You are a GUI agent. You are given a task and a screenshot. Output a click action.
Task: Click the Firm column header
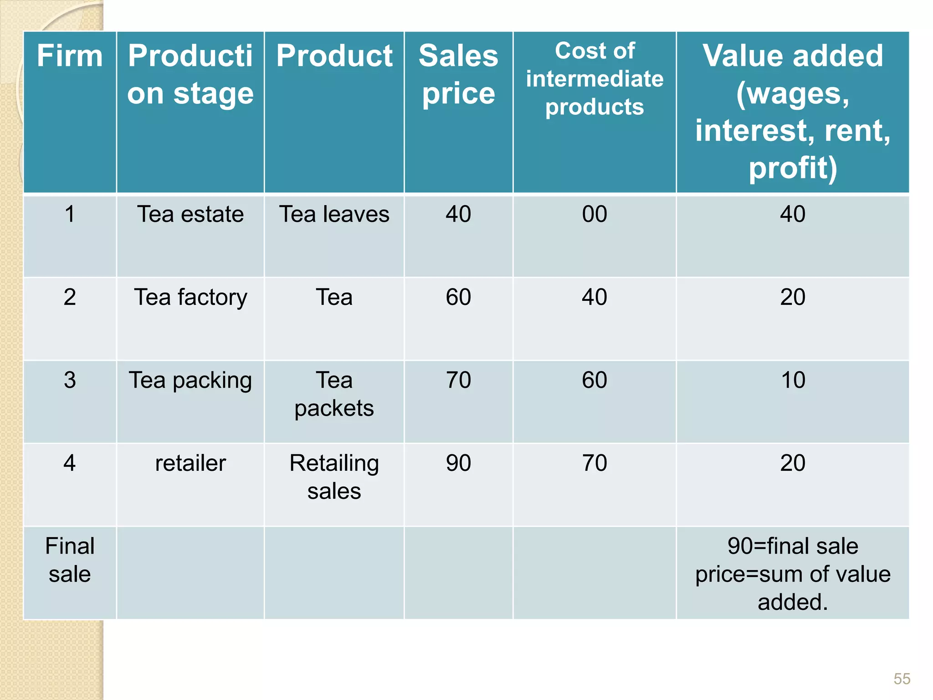pos(70,56)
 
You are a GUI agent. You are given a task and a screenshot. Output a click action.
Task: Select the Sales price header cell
pos(458,74)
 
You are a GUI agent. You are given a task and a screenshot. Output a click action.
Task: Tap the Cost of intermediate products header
pos(595,79)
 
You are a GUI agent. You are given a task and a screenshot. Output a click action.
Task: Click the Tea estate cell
pos(190,214)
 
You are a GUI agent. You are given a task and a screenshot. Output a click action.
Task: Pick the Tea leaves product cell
pos(334,214)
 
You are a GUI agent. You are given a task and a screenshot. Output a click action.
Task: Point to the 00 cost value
pos(595,214)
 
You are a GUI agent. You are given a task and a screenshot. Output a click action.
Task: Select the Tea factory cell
pos(190,297)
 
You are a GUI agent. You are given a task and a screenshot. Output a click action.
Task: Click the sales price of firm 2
pos(458,297)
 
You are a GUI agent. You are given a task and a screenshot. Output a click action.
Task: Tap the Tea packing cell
pos(190,380)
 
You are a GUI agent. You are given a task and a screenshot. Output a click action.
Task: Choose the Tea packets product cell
pos(334,394)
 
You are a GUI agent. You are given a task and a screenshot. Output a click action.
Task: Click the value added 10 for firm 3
pos(793,380)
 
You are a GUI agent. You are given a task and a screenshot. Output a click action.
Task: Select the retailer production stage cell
pos(190,463)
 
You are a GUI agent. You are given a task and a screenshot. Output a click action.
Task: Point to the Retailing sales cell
pos(334,477)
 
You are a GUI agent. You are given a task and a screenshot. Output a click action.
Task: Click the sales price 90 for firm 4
pos(458,463)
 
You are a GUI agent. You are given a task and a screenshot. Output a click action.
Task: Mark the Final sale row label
pos(70,560)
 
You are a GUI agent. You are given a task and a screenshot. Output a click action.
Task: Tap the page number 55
pos(902,679)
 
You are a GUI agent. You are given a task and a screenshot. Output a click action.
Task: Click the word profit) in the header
pos(793,168)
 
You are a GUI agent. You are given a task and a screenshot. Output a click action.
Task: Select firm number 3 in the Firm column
pos(70,380)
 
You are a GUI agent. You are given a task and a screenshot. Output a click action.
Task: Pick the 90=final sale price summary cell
pos(793,574)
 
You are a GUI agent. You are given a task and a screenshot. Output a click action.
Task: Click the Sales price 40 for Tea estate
pos(458,214)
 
